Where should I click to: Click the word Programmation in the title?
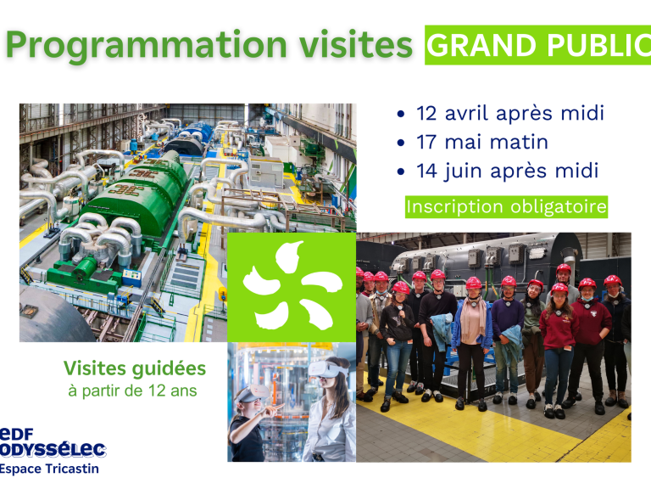tap(146, 46)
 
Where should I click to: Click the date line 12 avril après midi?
tap(509, 114)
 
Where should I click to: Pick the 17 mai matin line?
tap(482, 143)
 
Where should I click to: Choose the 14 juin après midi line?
tap(508, 171)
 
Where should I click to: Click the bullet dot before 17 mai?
tap(401, 143)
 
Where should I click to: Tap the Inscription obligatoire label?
tap(507, 207)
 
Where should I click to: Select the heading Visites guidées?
tap(135, 368)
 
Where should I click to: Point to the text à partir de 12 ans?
tap(132, 391)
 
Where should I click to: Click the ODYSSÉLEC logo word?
tap(53, 449)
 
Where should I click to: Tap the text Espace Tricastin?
tap(49, 469)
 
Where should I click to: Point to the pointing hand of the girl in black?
tap(274, 409)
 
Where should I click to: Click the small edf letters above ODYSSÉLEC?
tap(17, 434)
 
